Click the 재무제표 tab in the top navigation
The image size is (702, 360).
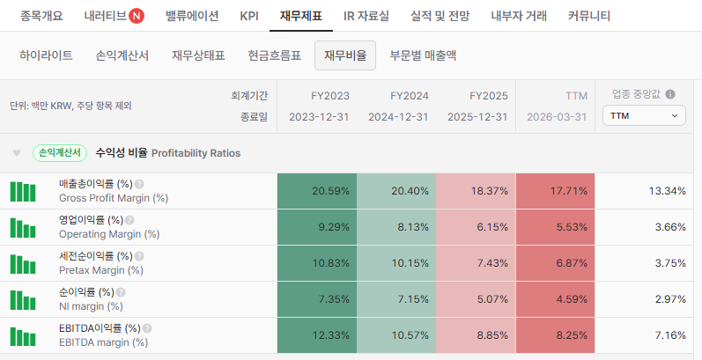click(x=301, y=16)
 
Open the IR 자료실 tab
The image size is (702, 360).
click(x=366, y=16)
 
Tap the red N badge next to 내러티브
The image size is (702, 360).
click(x=137, y=16)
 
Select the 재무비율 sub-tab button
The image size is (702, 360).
click(x=345, y=55)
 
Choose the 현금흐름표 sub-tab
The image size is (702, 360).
click(x=275, y=55)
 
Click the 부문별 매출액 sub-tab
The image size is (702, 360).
click(x=423, y=55)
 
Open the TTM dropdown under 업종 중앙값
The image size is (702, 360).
click(x=644, y=116)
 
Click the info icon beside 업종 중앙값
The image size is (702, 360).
click(x=670, y=94)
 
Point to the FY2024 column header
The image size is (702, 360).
click(x=410, y=96)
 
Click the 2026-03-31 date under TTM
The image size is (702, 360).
click(x=557, y=117)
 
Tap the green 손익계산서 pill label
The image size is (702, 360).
click(x=60, y=153)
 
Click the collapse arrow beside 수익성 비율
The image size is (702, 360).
click(x=17, y=153)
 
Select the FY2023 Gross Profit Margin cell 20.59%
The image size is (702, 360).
click(x=317, y=191)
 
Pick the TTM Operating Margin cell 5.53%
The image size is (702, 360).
click(x=555, y=227)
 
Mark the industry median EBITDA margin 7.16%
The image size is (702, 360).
click(x=670, y=335)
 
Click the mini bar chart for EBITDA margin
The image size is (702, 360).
click(x=23, y=336)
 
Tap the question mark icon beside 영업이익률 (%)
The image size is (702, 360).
click(x=129, y=220)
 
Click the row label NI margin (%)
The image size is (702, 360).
click(x=91, y=306)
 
